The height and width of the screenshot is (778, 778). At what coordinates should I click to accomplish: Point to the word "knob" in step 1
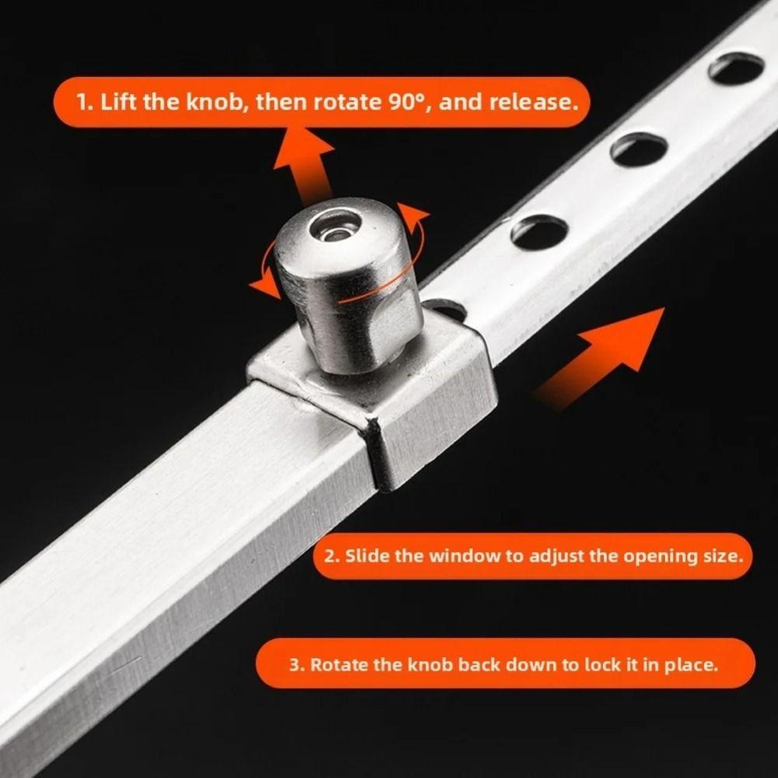pos(219,103)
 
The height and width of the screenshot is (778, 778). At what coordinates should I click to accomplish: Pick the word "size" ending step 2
pos(717,556)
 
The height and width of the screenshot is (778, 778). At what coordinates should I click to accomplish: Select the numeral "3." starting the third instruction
pos(296,665)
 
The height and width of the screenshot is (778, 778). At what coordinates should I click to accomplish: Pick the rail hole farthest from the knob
pos(736,68)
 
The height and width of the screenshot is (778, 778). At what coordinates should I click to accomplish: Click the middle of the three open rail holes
pos(639,148)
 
